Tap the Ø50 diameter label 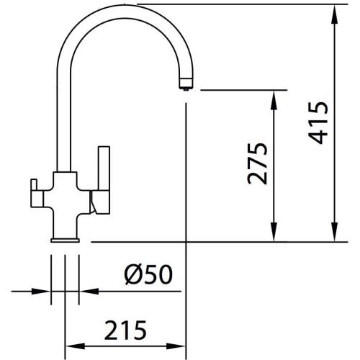pyautogui.click(x=148, y=274)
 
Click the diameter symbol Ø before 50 pyautogui.click(x=133, y=274)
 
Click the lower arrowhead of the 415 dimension pyautogui.click(x=335, y=235)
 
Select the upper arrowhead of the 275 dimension pyautogui.click(x=274, y=97)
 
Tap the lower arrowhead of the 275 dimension pyautogui.click(x=274, y=235)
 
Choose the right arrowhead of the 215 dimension pyautogui.click(x=181, y=344)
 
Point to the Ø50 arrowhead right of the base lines pyautogui.click(x=84, y=292)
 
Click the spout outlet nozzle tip pyautogui.click(x=185, y=86)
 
